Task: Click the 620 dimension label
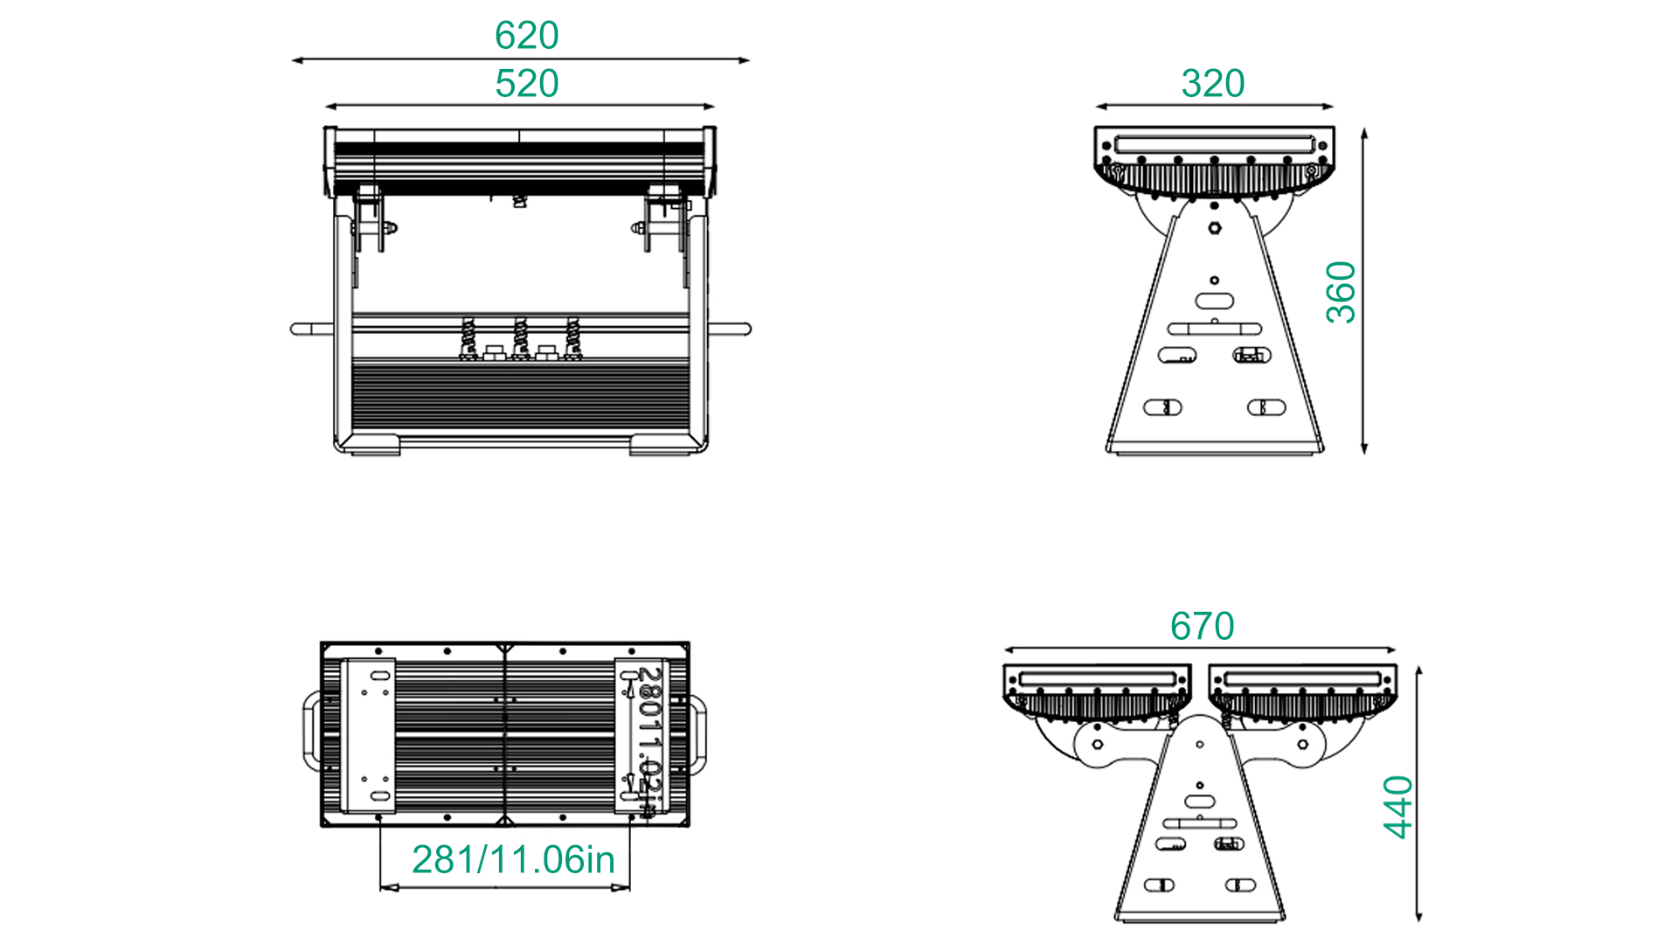(x=526, y=36)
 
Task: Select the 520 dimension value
(x=526, y=84)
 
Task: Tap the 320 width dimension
(x=1212, y=84)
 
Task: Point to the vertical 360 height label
(x=1341, y=293)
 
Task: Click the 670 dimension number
(x=1202, y=627)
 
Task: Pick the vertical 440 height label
(x=1398, y=807)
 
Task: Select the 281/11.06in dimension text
(x=513, y=860)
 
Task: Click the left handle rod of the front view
(x=311, y=330)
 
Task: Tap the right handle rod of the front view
(x=729, y=330)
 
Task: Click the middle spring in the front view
(x=521, y=337)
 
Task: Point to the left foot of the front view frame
(x=370, y=445)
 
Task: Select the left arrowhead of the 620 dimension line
(x=298, y=60)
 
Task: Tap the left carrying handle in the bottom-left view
(x=312, y=732)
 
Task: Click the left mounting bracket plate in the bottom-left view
(x=368, y=735)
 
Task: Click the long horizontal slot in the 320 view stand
(x=1214, y=329)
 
